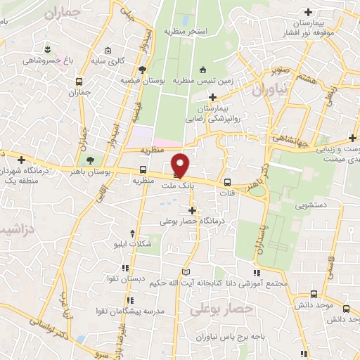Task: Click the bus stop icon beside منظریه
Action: coord(143,169)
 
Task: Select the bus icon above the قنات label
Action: coord(226,180)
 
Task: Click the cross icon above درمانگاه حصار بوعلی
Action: coord(191,210)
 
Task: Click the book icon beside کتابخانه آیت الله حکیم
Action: coord(186,272)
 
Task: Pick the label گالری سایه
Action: coord(129,60)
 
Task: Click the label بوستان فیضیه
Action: coord(166,82)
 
